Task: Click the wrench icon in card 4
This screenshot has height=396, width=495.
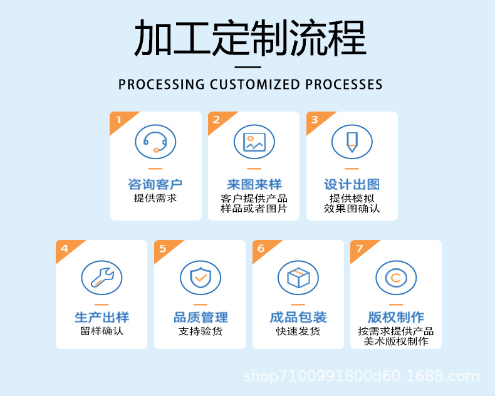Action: (102, 276)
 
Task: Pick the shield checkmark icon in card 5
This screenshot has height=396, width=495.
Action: (200, 276)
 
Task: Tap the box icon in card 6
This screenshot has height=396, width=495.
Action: (298, 276)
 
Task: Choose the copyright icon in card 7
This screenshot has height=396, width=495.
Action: (396, 276)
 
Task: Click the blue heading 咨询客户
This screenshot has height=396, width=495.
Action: (155, 184)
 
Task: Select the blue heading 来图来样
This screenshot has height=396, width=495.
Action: (254, 184)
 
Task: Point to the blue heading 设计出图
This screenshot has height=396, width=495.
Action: (352, 184)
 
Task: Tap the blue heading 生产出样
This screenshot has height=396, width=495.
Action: (102, 317)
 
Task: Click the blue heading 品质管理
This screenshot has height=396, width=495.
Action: (200, 317)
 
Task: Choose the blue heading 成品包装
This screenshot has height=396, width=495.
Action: (298, 317)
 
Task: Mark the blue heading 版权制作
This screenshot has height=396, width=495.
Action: (396, 317)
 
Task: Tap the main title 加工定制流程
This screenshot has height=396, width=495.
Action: (250, 39)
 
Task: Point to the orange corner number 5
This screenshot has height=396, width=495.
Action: (163, 249)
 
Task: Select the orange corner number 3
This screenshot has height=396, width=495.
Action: (315, 120)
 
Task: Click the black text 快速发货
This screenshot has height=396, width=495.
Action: (298, 331)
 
